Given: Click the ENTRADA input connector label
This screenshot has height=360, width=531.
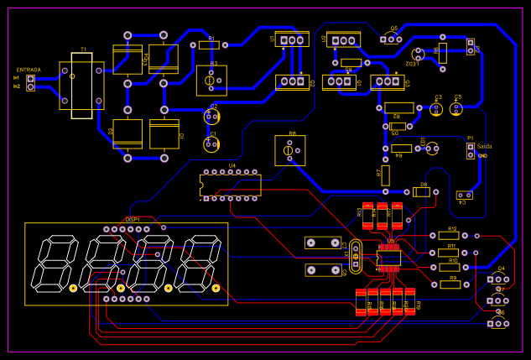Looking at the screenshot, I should coord(28,70).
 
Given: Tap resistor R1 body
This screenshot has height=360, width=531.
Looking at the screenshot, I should coord(210,45).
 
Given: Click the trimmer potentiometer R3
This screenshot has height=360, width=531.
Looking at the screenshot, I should coord(211,81).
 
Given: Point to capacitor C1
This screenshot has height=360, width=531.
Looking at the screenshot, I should coord(212,144).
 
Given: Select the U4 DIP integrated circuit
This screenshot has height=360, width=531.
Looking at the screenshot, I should coord(230,185).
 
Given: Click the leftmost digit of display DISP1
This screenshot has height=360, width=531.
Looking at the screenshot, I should coord(54,263).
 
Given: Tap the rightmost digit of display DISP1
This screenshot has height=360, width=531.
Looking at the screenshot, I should coord(201,263).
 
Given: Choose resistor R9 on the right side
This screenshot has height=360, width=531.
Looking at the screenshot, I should coord(450,284).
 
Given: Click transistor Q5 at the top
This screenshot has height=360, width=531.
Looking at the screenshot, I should coord(389,39).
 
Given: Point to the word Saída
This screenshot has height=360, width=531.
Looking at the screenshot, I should coord(484,146).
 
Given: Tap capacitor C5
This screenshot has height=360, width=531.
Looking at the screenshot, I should coord(457,108).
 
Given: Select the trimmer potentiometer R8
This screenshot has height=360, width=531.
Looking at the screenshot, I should coord(289,150).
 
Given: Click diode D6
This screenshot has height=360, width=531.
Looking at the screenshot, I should coord(421,191).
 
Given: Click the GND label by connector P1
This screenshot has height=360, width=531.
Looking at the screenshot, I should coord(482,155).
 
